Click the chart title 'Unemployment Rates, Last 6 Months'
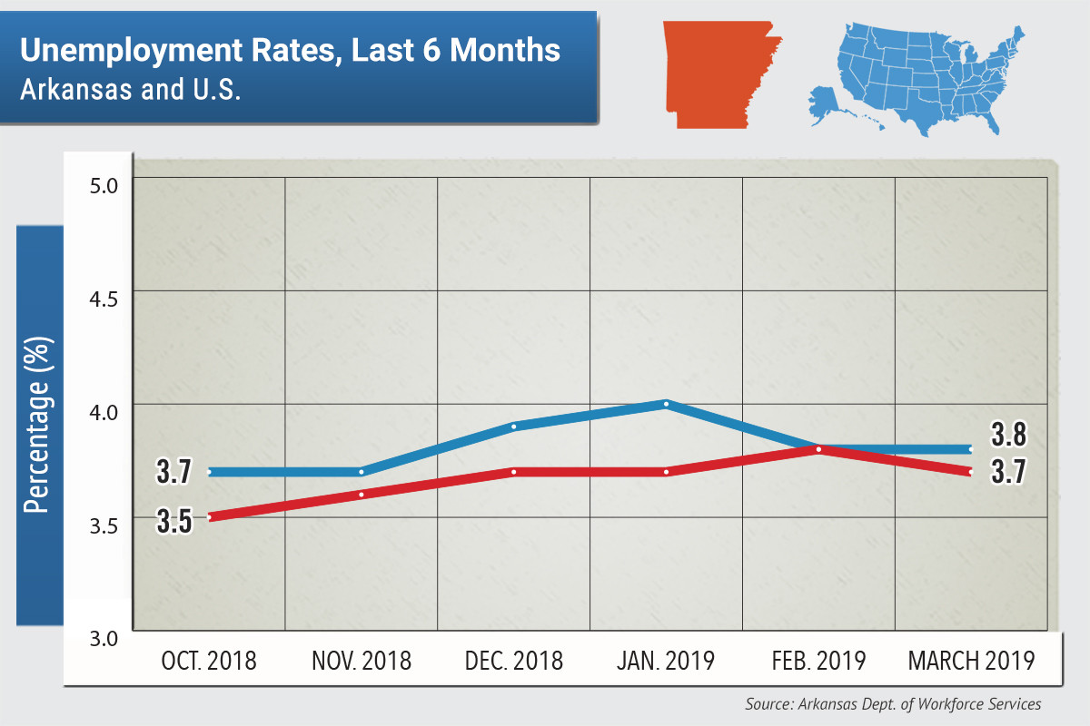point(290,50)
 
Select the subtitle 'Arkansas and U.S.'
point(131,91)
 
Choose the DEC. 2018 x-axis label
point(513,661)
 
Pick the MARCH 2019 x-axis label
point(971,661)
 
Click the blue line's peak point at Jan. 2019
point(666,404)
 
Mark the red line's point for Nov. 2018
point(361,495)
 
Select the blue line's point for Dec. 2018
point(513,427)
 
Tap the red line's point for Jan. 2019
point(666,472)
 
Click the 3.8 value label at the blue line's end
point(1008,436)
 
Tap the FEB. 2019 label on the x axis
point(818,661)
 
